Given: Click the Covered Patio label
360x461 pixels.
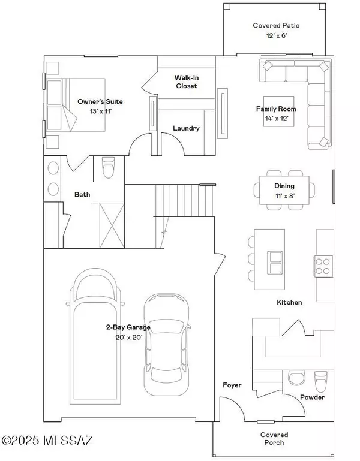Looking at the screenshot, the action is point(276,26).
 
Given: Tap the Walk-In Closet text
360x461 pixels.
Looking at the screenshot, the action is point(187,82).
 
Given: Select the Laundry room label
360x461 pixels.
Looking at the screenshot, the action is point(186,128).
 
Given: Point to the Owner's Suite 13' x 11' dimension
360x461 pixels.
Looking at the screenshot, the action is point(101,111).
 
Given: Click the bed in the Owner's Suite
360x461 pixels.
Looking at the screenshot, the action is point(76,105).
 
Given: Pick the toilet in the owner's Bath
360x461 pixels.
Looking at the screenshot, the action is point(108,166).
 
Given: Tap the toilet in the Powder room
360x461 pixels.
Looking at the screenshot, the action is point(320,381).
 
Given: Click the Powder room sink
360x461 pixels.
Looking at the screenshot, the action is point(297,378).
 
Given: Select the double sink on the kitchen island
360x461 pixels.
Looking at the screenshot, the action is point(275,263).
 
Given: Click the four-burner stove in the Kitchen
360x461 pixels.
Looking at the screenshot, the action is point(323,266).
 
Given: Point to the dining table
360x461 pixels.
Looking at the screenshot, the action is point(284,190).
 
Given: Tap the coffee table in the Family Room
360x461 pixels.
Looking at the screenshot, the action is point(278,111).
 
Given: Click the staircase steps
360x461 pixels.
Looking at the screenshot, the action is point(184,200).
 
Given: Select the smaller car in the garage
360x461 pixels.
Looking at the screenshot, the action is point(166,345).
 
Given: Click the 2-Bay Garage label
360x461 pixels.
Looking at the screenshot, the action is point(128,327).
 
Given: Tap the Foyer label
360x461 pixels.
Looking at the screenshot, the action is point(232,385).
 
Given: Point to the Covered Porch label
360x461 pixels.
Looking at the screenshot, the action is point(274,439).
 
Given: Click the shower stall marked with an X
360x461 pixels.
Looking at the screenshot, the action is point(112,225).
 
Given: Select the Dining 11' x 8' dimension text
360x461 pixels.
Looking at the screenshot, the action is point(285,196).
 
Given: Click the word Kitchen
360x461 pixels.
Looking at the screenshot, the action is point(289,302).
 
